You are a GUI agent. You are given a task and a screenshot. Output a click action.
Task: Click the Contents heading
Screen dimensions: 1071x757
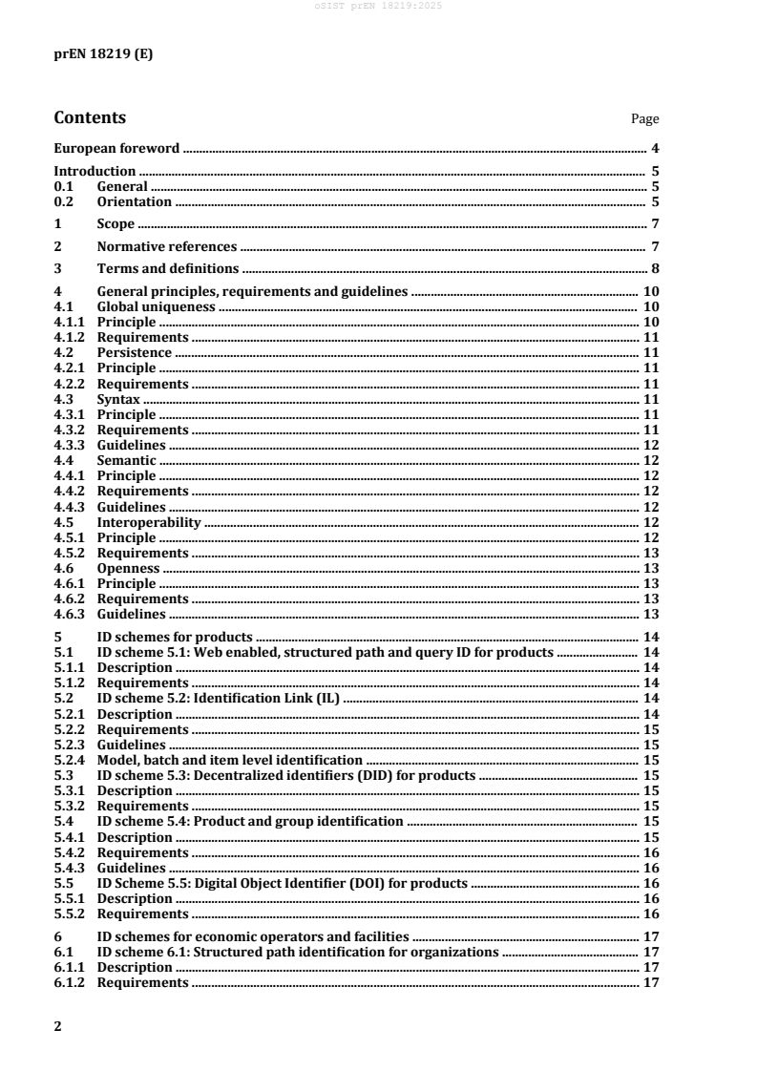[90, 118]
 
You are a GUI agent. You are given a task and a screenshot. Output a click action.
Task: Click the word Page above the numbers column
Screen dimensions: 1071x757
[645, 119]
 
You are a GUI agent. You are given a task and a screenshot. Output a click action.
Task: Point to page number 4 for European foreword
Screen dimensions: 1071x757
[655, 149]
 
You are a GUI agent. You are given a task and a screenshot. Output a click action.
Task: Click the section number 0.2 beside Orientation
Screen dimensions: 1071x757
[64, 201]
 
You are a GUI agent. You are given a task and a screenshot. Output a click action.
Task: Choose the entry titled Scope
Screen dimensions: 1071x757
[116, 224]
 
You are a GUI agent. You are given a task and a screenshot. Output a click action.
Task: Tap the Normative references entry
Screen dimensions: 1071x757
[167, 246]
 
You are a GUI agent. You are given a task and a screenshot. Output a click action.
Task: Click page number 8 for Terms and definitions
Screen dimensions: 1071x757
[655, 269]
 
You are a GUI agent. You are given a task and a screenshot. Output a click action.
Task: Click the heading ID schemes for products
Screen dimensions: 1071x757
[175, 637]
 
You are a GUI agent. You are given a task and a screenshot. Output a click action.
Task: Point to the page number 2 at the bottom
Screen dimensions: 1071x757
[58, 1025]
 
